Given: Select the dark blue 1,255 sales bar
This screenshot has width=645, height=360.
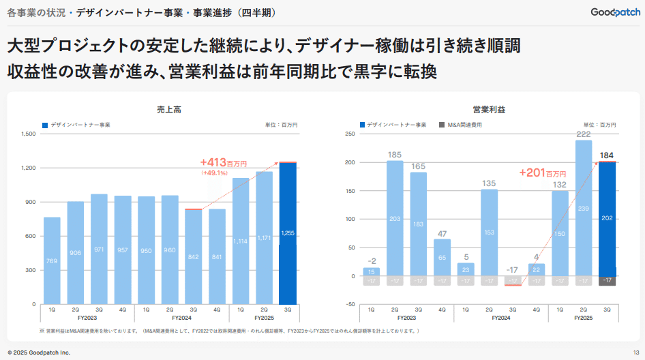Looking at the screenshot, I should [x=288, y=233].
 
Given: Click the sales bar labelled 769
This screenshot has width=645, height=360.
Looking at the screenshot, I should [x=52, y=260].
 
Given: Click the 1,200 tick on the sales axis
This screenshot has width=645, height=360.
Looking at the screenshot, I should [x=28, y=168].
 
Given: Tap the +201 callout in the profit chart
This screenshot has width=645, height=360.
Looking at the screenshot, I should [x=543, y=173].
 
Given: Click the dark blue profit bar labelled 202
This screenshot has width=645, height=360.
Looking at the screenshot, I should [x=607, y=219].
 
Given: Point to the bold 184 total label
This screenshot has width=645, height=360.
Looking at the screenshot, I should [x=607, y=155].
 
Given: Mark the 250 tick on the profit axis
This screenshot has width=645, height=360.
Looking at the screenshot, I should [x=349, y=134].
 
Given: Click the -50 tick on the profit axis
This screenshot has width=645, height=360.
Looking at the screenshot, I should [x=349, y=305].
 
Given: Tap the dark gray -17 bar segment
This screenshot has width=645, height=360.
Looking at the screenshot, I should [x=607, y=281].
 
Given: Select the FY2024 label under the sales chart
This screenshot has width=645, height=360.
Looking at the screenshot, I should [x=181, y=318].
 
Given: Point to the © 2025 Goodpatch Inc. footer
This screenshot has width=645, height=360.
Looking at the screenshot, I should [x=38, y=352].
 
